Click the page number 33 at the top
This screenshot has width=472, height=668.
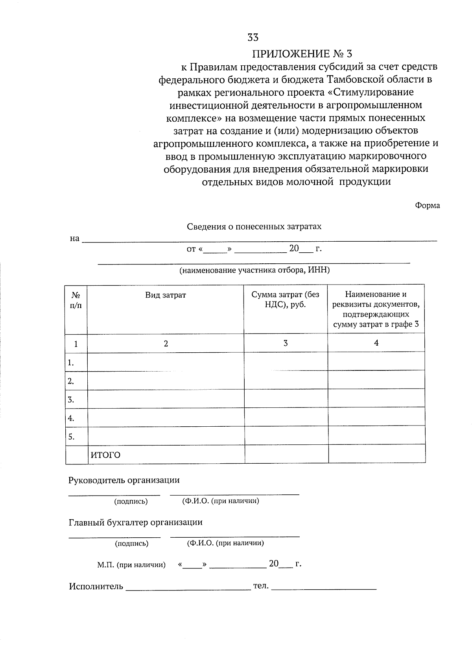point(253,38)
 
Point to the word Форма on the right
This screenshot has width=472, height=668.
point(427,205)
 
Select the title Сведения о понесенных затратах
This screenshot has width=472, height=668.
point(254,227)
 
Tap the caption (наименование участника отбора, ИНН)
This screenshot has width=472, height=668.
point(254,270)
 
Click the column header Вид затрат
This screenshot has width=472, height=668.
point(166,295)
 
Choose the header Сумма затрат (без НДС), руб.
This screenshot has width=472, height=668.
point(286,300)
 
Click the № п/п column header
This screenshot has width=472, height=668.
point(76,300)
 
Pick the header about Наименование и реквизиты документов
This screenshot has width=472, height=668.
point(376,309)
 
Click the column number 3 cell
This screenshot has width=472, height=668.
point(286,343)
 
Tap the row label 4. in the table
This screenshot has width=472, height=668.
point(71,418)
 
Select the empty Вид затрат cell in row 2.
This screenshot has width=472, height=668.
point(166,381)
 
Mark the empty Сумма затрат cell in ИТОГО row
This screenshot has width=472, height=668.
point(286,454)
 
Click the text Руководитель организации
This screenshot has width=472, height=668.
point(124,480)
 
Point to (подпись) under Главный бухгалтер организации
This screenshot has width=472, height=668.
point(131,544)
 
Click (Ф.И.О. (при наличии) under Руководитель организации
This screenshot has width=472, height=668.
point(220,501)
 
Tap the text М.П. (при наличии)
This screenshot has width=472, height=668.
point(131,565)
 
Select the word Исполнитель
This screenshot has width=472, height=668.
point(96,587)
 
